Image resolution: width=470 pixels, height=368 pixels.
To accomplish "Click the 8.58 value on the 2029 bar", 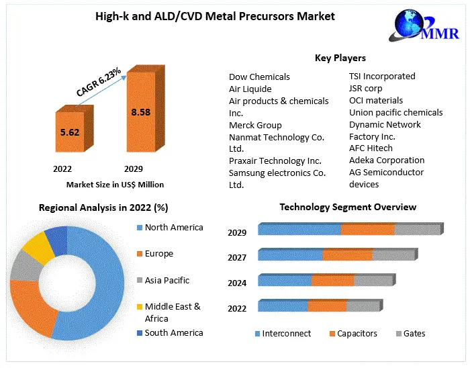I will point(140,112).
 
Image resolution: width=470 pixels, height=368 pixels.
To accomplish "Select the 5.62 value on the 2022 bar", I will point(70,132).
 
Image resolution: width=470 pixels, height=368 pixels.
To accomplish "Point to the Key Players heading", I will point(340,58).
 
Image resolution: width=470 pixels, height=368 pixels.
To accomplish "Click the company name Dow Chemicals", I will point(259,77).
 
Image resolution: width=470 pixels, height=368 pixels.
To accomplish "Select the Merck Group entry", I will point(255,125).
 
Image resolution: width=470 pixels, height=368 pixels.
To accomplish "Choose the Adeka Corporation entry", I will point(387,160).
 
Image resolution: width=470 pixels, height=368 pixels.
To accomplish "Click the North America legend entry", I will point(173,228).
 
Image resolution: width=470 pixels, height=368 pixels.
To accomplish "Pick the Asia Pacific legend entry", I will point(167,280).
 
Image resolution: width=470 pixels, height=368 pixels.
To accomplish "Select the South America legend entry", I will point(173,332).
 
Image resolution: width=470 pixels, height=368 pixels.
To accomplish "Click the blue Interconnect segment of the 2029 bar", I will point(299,230).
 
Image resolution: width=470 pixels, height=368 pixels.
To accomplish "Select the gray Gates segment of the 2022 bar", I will point(363,306).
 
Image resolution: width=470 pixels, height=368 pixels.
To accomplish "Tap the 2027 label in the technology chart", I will point(237,257).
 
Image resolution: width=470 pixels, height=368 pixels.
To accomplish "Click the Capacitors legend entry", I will point(357,333).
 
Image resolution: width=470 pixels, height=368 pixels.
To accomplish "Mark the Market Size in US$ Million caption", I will point(115,184).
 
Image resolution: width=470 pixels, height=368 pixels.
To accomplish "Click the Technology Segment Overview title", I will point(348,207).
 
